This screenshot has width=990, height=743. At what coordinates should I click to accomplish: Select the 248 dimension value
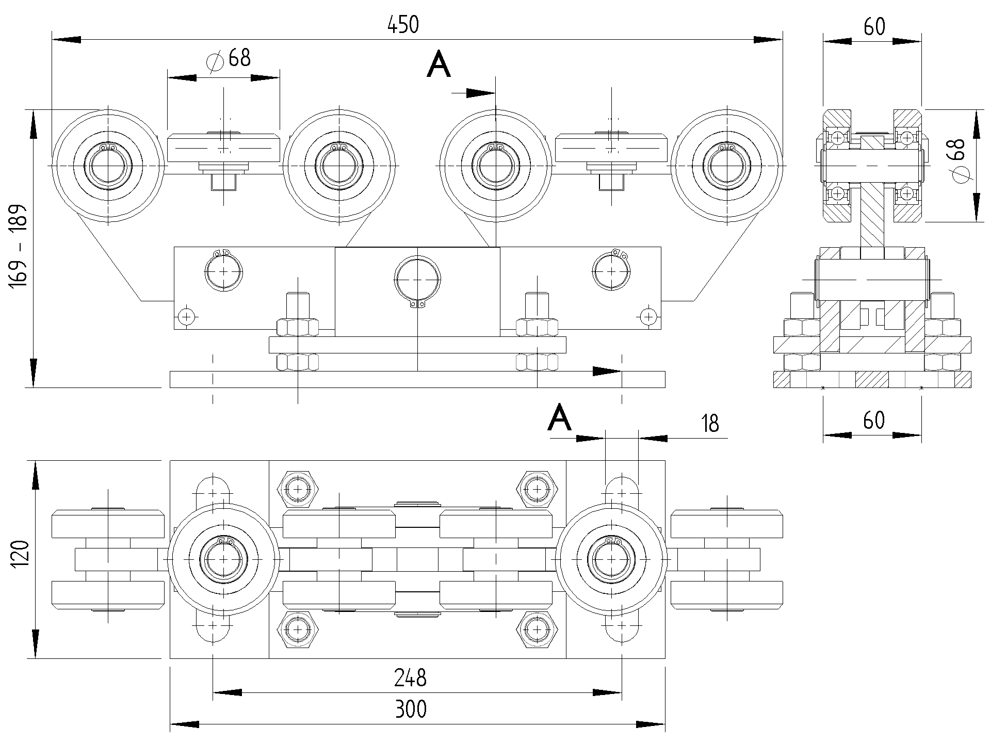(410, 678)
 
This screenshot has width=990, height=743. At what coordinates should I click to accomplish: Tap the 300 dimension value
(411, 710)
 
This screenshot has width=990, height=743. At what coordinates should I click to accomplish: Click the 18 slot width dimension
(710, 423)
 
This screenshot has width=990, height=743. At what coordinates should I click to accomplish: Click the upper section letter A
(439, 66)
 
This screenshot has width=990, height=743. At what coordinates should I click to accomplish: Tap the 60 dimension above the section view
(874, 27)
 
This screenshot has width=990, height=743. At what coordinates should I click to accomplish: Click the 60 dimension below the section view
(874, 421)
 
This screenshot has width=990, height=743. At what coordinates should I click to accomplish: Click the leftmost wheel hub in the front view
(108, 166)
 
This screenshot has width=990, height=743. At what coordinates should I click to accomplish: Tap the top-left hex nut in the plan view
(298, 488)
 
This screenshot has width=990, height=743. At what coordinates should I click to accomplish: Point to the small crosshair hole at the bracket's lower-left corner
(186, 315)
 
